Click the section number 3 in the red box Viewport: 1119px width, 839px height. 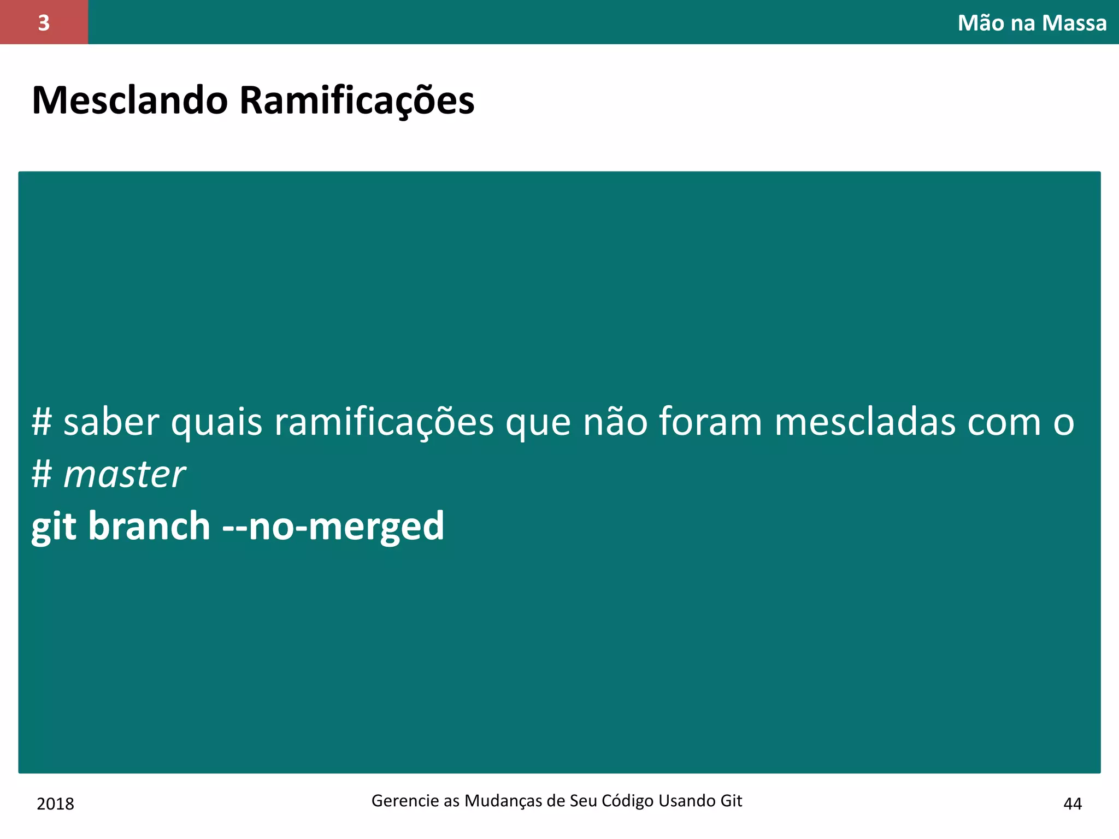tap(44, 23)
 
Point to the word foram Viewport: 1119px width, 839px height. tap(710, 422)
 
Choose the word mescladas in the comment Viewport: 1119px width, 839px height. tap(865, 422)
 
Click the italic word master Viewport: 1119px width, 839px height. tap(125, 474)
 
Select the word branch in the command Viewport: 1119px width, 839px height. tap(149, 525)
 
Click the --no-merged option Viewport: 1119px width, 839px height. tap(333, 527)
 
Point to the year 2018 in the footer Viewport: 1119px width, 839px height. tap(55, 804)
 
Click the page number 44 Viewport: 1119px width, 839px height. tap(1072, 804)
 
